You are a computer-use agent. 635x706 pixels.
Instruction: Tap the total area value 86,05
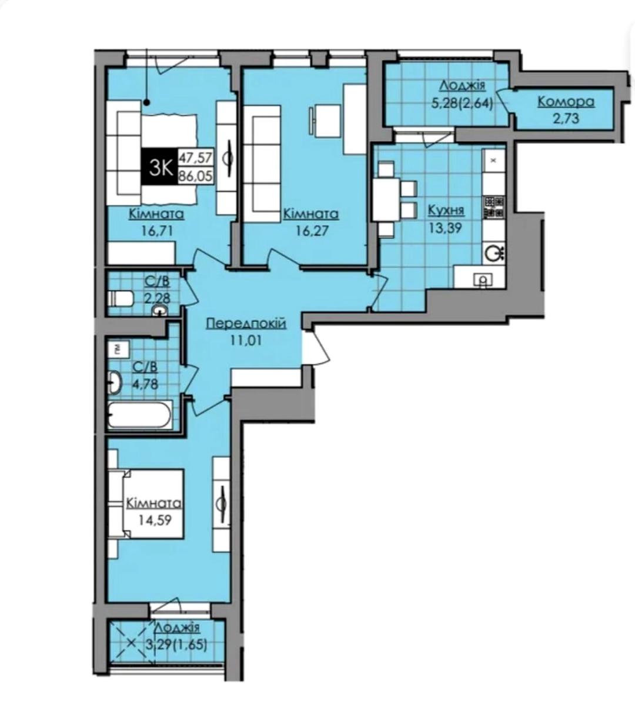coord(196,175)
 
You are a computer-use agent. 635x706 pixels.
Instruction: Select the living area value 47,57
coord(196,156)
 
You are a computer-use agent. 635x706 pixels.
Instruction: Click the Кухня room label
coord(446,211)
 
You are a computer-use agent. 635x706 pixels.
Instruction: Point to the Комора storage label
coord(566,102)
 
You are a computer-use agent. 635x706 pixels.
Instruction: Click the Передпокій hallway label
coord(246,324)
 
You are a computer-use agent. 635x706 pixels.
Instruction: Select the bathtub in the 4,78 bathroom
coord(140,415)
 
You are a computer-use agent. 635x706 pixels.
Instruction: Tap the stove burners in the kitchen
coord(494,207)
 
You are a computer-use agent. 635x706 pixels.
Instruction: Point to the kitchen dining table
coord(386,200)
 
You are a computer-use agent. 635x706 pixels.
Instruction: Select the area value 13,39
coord(445,228)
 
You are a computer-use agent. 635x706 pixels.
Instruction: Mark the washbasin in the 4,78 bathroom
coord(115,382)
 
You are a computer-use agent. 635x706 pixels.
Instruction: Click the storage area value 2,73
coord(566,119)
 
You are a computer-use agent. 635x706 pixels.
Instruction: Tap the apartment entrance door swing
coord(317,346)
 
